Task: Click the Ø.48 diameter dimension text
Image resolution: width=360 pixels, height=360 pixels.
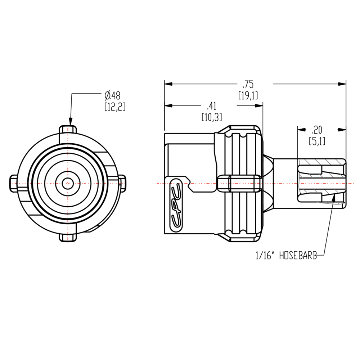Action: [113, 96]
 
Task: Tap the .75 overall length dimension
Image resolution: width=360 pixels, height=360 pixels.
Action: [248, 85]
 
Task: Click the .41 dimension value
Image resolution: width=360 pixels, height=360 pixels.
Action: [211, 106]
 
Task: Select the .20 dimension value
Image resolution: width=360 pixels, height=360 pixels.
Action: [317, 130]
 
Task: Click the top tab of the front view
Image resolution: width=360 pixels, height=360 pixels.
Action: [68, 129]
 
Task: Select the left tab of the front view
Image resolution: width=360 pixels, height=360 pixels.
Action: [13, 183]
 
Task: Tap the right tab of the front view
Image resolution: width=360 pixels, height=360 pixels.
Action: [122, 183]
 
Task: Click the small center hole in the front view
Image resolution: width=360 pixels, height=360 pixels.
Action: [67, 183]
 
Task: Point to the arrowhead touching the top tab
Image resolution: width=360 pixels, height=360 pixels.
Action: [70, 122]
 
